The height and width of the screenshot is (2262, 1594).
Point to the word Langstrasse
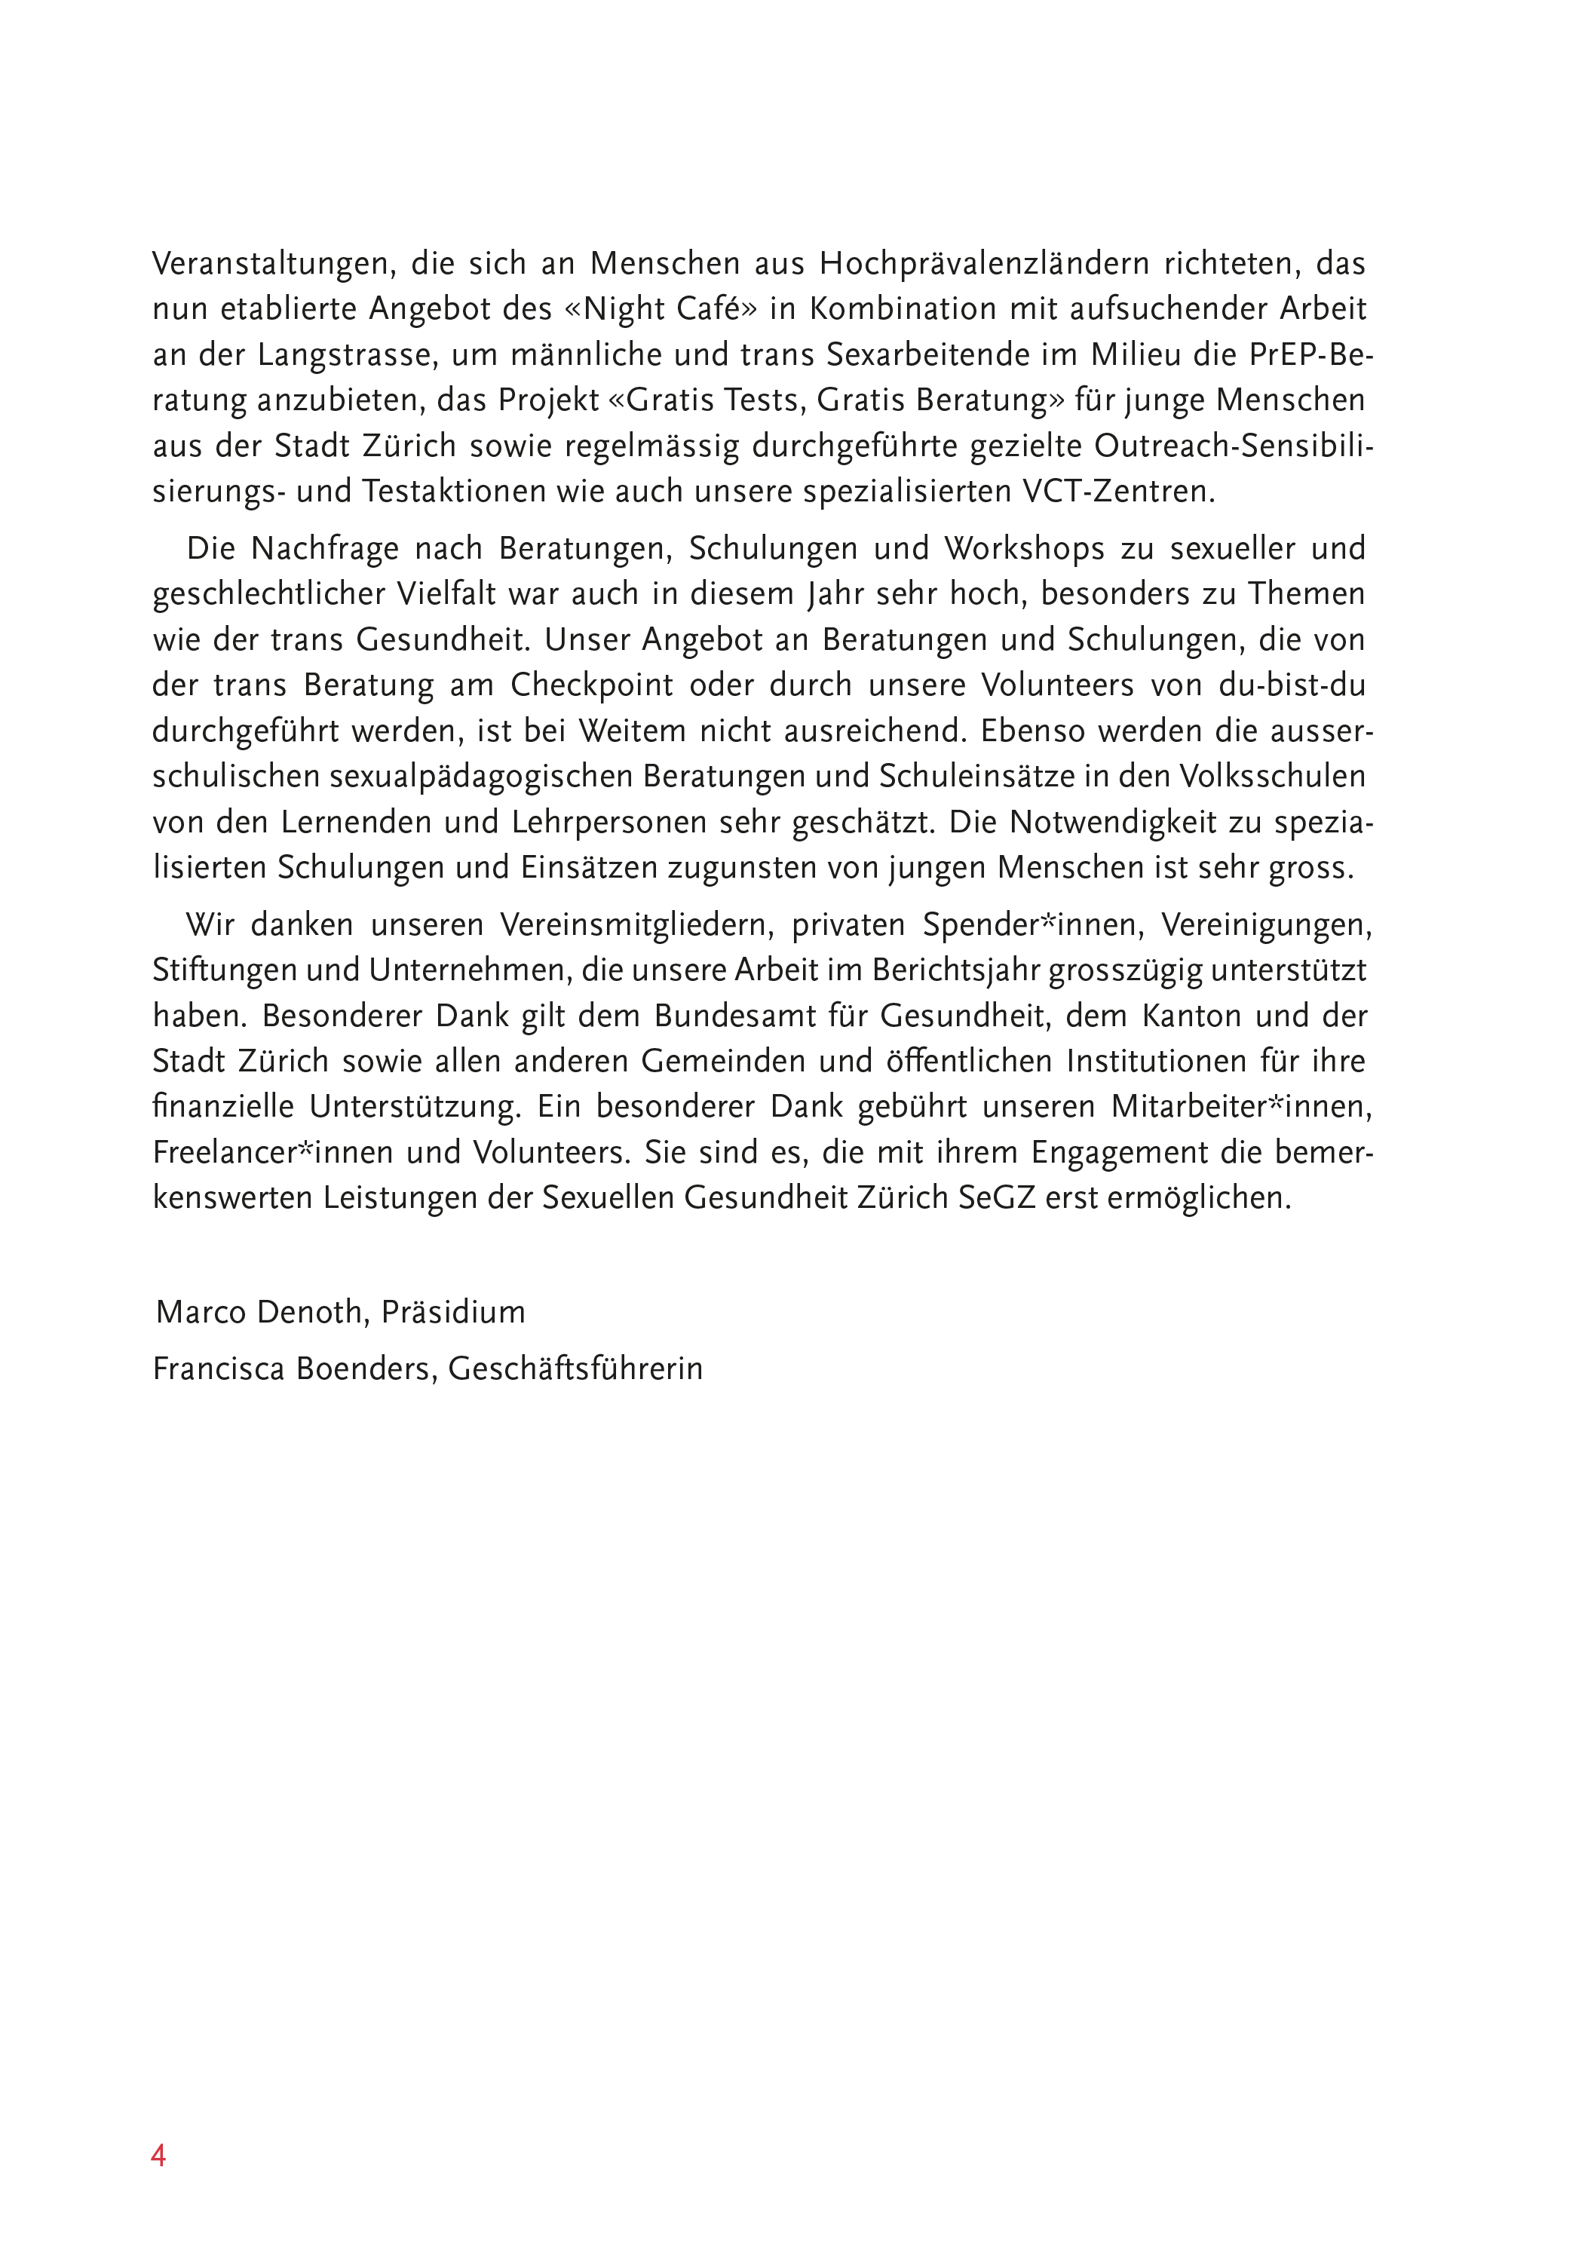pos(341,354)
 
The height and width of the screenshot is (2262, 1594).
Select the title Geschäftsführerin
pos(575,1369)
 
